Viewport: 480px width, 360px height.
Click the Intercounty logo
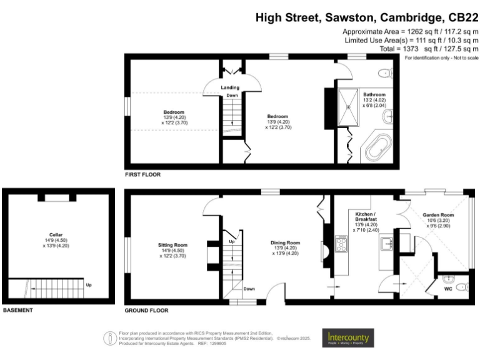click(x=348, y=338)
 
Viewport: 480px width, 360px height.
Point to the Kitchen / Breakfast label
click(x=366, y=217)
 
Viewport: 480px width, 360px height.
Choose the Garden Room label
click(x=438, y=215)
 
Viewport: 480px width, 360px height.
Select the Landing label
click(x=231, y=87)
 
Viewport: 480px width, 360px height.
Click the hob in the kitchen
click(x=342, y=244)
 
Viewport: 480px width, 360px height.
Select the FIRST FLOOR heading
click(x=142, y=175)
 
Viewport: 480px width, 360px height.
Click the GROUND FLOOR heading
click(x=146, y=310)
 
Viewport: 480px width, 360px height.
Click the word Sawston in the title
click(x=349, y=17)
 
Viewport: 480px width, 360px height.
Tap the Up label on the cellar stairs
click(x=89, y=286)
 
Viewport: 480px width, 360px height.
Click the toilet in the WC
click(x=461, y=287)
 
